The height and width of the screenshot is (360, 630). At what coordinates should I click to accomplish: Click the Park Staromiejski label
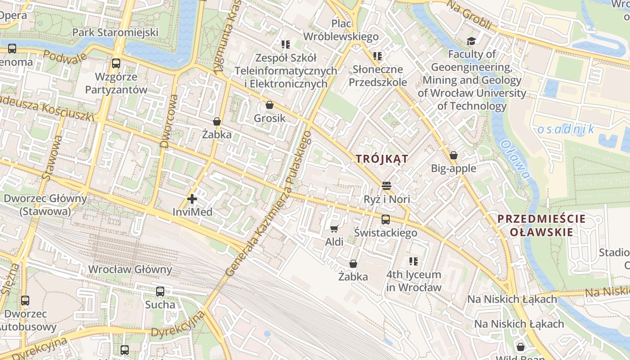[x=115, y=32]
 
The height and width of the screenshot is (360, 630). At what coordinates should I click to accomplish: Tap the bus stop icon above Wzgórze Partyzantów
[x=116, y=63]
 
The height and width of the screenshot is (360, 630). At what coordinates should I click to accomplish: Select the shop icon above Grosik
[x=270, y=105]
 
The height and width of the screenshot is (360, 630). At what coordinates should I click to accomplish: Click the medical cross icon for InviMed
[x=192, y=198]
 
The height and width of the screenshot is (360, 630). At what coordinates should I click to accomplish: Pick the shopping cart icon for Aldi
[x=334, y=229]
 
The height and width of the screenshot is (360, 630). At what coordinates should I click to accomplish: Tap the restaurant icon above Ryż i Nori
[x=386, y=185]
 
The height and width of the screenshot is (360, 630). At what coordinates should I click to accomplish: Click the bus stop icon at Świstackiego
[x=386, y=220]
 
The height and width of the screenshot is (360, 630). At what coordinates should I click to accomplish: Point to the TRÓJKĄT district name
[x=382, y=159]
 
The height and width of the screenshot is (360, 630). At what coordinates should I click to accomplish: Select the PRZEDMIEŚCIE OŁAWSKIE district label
[x=541, y=225]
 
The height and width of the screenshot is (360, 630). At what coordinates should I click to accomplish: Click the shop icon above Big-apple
[x=454, y=155]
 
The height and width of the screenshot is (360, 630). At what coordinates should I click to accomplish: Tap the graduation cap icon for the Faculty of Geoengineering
[x=471, y=41]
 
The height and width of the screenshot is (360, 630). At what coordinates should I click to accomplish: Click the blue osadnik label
[x=566, y=130]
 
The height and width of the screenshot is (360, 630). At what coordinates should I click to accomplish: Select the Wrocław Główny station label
[x=130, y=270]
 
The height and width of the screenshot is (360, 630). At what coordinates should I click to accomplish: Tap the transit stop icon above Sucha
[x=160, y=292]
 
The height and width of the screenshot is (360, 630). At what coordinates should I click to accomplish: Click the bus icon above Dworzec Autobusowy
[x=25, y=301]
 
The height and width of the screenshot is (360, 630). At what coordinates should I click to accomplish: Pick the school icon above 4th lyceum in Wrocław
[x=414, y=261]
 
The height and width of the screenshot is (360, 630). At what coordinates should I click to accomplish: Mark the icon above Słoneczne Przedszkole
[x=378, y=56]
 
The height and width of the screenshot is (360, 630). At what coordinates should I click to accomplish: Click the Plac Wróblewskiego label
[x=341, y=30]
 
